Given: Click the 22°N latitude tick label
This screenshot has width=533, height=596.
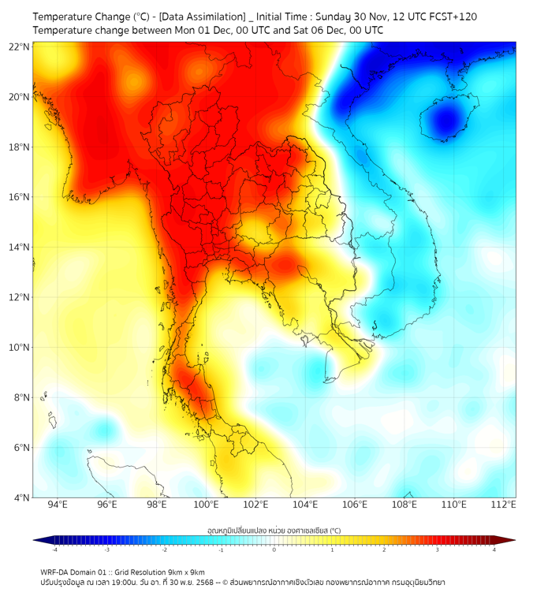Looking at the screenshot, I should (20, 47).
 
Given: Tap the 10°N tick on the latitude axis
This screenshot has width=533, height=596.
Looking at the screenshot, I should (20, 348).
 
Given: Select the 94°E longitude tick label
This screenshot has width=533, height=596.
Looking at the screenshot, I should (58, 505).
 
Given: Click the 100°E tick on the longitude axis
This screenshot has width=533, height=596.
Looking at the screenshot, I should (207, 505).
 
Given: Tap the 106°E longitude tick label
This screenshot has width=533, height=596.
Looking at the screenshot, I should (355, 505).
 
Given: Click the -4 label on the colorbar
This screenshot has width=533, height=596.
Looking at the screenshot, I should (54, 549).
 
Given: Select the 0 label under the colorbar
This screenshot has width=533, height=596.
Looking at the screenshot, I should (274, 549).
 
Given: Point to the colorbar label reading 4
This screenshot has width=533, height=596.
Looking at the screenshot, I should (494, 549).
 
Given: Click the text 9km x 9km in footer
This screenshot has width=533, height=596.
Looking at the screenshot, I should (184, 572).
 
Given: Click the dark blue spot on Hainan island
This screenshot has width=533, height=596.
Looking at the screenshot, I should (446, 121).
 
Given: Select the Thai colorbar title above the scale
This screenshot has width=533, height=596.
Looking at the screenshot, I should (274, 531).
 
